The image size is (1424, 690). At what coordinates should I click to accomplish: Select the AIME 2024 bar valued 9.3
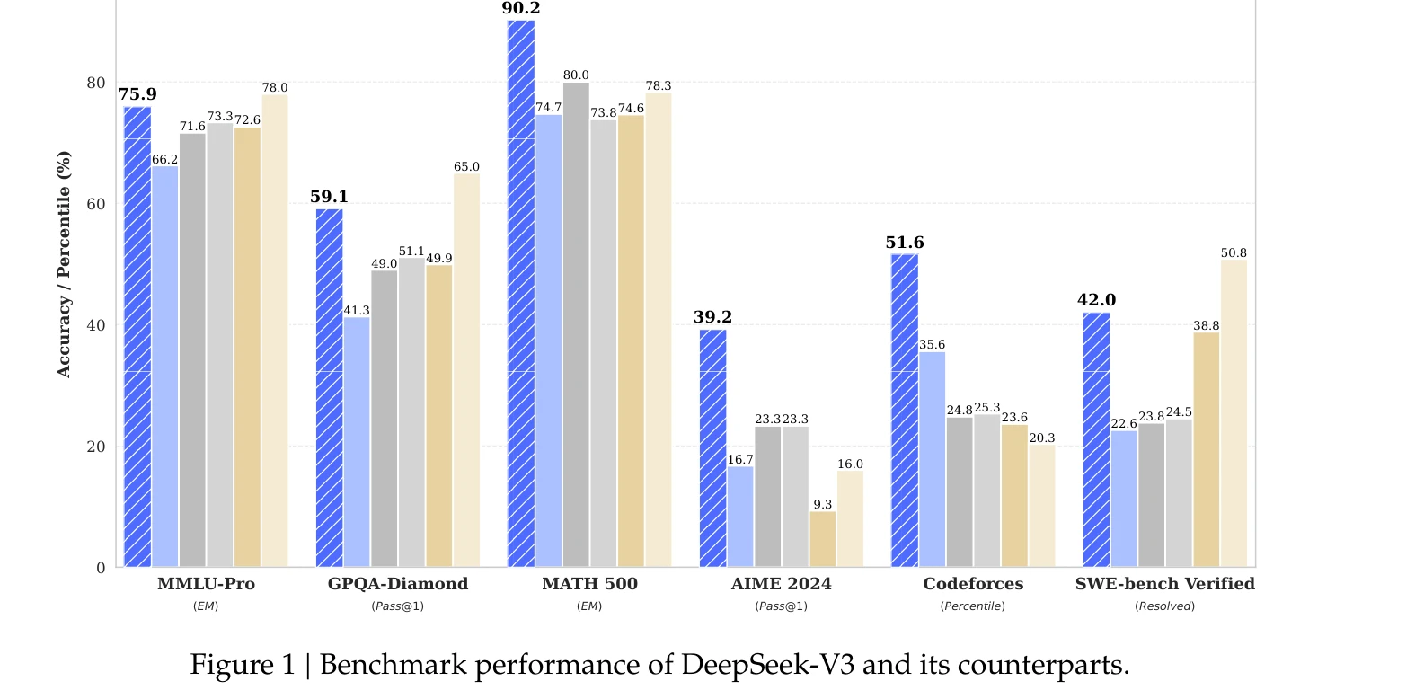tap(823, 539)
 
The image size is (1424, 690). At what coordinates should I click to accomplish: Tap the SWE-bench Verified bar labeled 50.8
tap(1234, 413)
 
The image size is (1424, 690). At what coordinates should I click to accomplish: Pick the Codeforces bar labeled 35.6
tap(932, 459)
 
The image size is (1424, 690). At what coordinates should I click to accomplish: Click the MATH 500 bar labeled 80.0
tap(576, 324)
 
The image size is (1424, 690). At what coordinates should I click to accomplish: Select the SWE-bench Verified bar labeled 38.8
tap(1207, 449)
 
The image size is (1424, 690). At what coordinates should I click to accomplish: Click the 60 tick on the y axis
tap(96, 204)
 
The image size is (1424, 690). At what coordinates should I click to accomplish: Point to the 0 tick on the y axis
tap(101, 568)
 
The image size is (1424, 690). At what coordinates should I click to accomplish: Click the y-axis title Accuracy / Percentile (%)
tap(64, 264)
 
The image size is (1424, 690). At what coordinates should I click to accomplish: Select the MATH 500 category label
tap(589, 584)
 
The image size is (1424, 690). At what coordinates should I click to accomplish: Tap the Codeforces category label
tap(973, 584)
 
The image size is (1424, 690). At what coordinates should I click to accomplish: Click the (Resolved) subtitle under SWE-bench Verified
tap(1164, 606)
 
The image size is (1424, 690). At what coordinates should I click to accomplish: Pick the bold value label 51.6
tap(905, 243)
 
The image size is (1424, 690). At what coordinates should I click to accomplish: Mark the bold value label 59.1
tap(329, 197)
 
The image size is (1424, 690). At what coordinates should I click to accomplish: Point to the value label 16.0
tap(850, 464)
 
